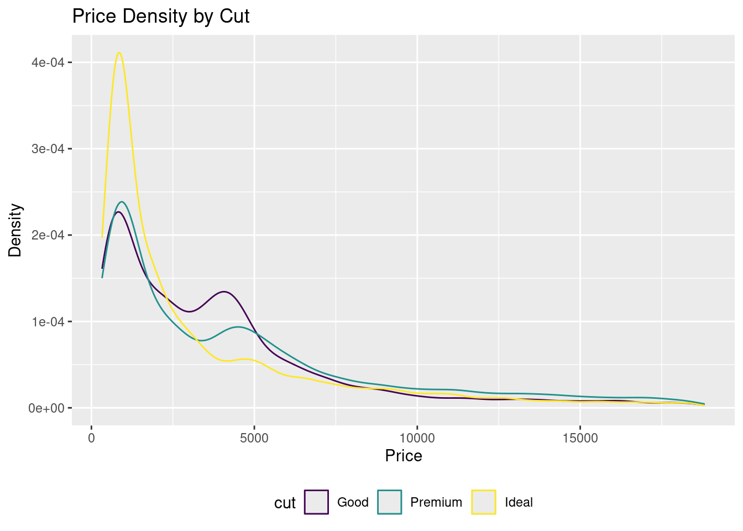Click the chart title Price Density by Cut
click(x=161, y=17)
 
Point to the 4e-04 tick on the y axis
click(x=49, y=63)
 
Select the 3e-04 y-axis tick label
click(x=49, y=149)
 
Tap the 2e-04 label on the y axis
click(x=49, y=235)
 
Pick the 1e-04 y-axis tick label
click(x=49, y=321)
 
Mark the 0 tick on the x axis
click(x=91, y=438)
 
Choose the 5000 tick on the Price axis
click(x=254, y=438)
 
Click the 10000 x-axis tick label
click(x=417, y=438)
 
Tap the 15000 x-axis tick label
click(x=580, y=438)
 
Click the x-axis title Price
click(x=404, y=456)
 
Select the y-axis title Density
click(x=15, y=230)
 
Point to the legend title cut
click(x=285, y=503)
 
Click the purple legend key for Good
click(x=316, y=502)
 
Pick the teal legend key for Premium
click(x=390, y=502)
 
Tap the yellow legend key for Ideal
click(x=484, y=502)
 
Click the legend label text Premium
click(x=436, y=502)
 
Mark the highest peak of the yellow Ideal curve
click(x=119, y=53)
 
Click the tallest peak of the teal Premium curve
click(x=122, y=202)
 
